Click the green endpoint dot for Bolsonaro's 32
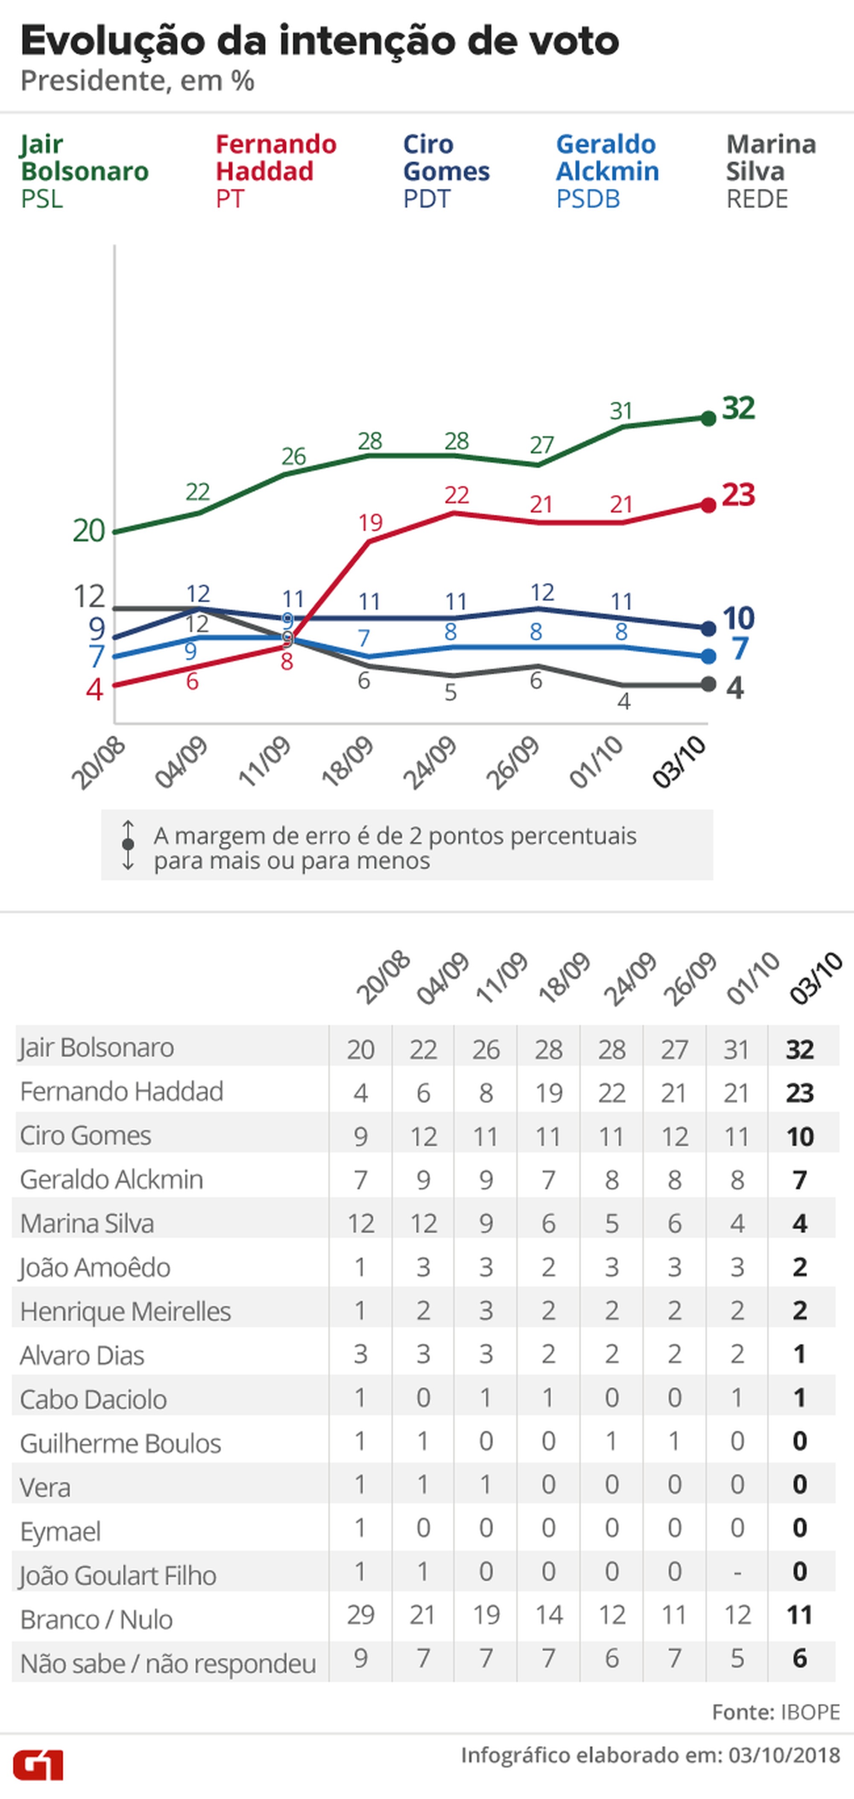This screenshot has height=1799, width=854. (708, 418)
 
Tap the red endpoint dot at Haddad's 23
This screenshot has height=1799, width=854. (708, 505)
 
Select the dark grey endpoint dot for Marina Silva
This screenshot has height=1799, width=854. (708, 684)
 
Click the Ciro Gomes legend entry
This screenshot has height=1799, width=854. (446, 171)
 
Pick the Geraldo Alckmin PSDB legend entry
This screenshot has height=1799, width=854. (607, 171)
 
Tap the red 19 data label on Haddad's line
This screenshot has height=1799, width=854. (370, 522)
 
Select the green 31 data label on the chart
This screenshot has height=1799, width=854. (621, 410)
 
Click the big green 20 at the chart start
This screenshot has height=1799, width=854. (89, 531)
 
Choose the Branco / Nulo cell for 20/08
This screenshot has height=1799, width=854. (360, 1614)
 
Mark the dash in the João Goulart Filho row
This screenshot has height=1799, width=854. (737, 1571)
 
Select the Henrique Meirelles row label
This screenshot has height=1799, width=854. (125, 1311)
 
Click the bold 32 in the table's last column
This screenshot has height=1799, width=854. (799, 1049)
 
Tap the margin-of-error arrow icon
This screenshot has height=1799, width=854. (128, 845)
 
